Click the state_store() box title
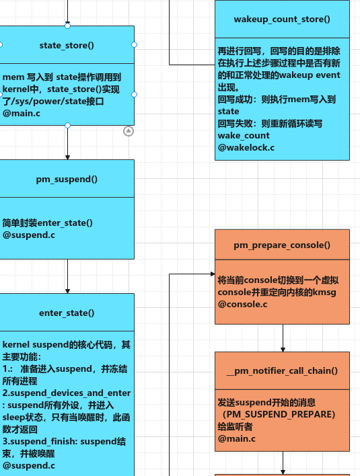[67, 45]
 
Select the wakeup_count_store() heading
[282, 19]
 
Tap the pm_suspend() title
[67, 179]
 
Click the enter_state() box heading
[67, 313]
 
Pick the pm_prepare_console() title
[282, 245]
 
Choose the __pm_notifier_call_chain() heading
[282, 370]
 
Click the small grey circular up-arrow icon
[129, 131]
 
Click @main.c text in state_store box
[22, 114]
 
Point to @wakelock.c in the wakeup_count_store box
[246, 147]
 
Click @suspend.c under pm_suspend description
[28, 235]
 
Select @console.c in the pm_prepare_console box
[242, 305]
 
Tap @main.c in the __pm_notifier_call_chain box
[236, 438]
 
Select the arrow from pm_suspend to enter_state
[67, 276]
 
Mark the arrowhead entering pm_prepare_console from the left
[211, 274]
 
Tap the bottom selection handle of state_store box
[67, 125]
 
